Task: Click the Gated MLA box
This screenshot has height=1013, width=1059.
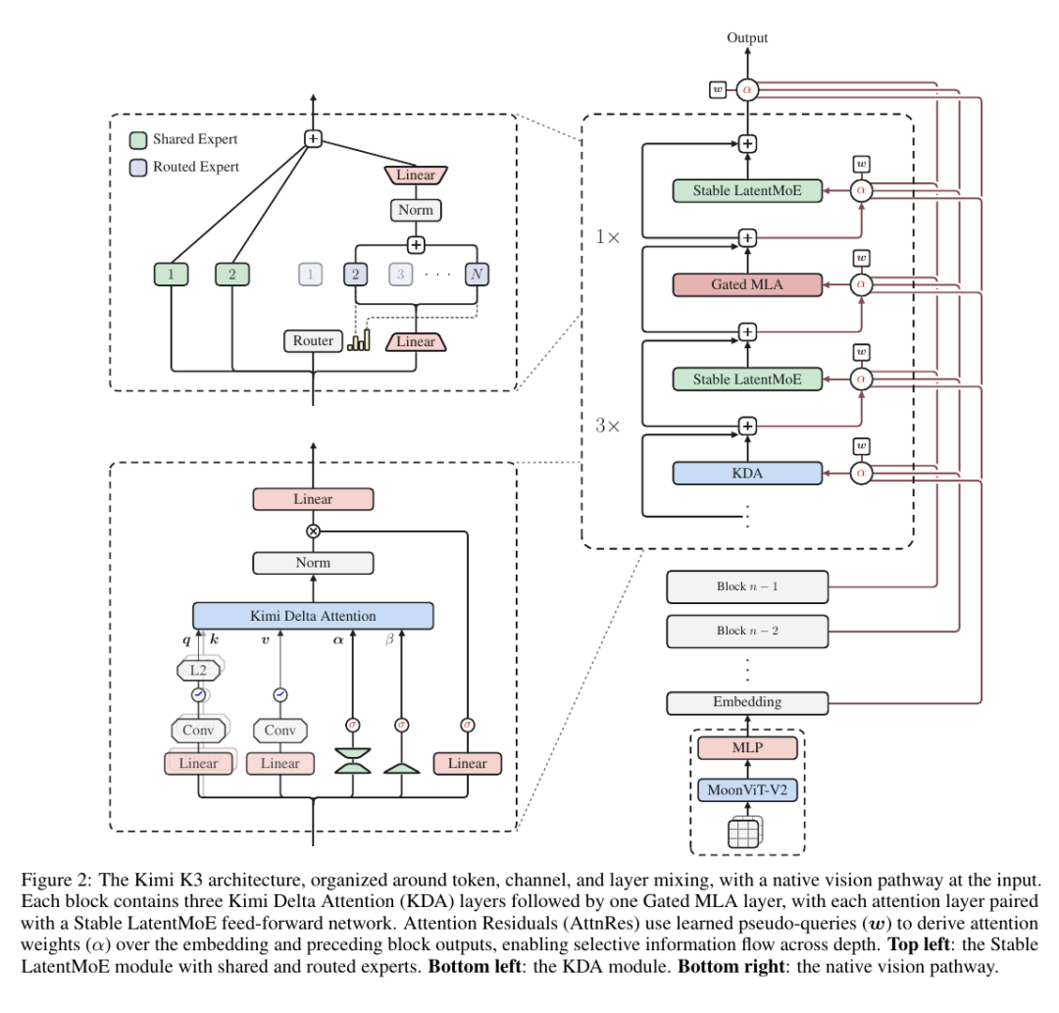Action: coord(747,285)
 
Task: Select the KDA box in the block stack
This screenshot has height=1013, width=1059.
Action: coord(747,474)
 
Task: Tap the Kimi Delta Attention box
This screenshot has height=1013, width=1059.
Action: coord(313,616)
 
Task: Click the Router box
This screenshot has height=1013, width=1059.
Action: coord(313,341)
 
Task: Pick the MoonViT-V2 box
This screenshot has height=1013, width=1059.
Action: coord(747,790)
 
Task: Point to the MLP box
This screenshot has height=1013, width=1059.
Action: coord(747,748)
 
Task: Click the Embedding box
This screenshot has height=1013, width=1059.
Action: coord(747,703)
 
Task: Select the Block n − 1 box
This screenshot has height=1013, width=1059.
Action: coord(747,586)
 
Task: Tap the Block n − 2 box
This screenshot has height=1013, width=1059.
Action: coord(747,632)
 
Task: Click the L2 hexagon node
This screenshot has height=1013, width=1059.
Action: coord(198,670)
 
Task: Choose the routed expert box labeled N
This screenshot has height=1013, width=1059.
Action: coord(477,275)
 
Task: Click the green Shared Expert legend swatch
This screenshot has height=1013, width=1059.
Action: coord(138,140)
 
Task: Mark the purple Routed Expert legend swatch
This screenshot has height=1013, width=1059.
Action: coord(138,168)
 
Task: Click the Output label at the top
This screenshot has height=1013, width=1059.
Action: coord(747,38)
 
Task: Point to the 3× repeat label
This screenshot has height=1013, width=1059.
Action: coord(607,426)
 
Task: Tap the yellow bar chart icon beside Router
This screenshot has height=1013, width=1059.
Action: coord(359,340)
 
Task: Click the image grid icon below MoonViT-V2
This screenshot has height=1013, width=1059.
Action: coord(745,832)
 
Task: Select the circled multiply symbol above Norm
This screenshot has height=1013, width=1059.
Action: coord(313,532)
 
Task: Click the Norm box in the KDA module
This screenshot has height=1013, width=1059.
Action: coord(313,563)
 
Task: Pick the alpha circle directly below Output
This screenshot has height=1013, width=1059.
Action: coord(747,90)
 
